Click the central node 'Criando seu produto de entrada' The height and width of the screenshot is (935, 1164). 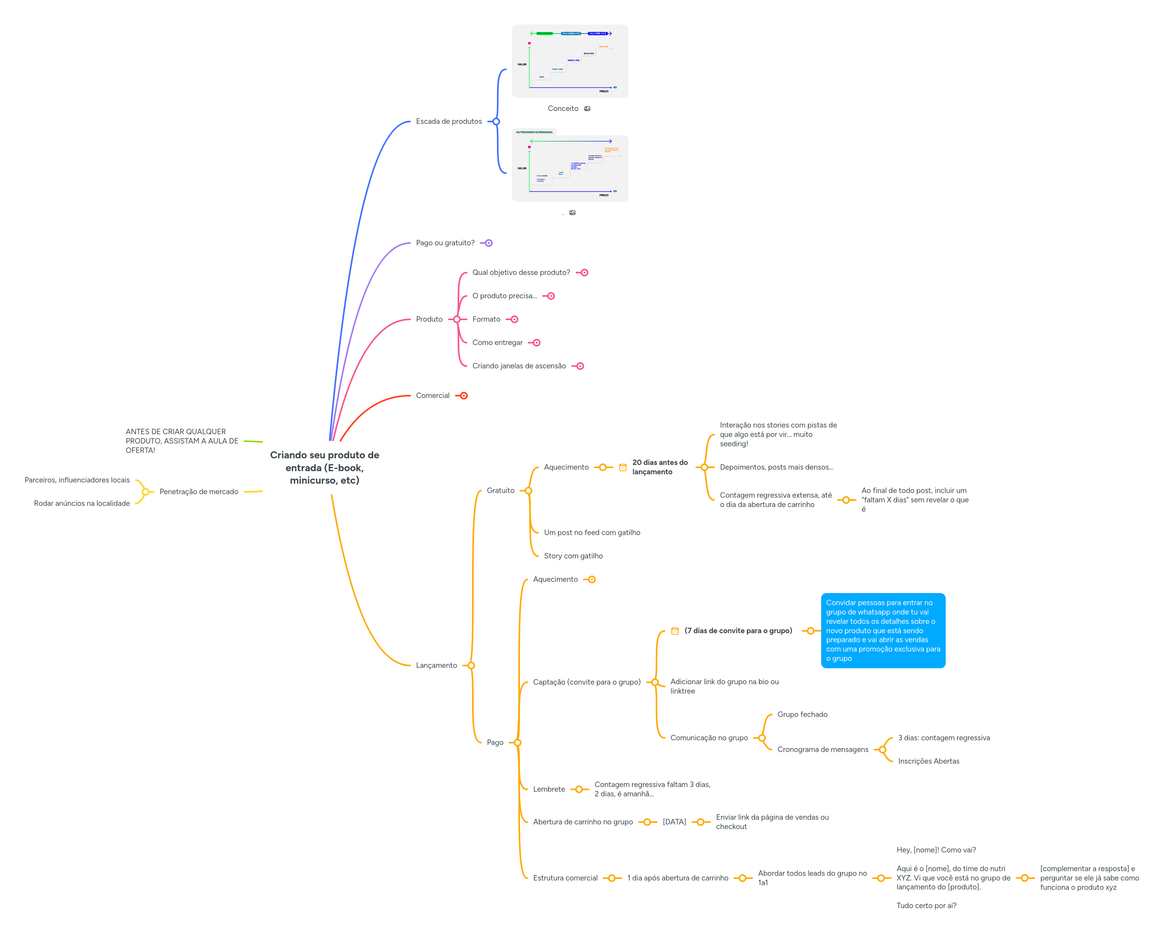(x=325, y=467)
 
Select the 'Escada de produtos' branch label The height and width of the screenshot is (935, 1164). (x=449, y=121)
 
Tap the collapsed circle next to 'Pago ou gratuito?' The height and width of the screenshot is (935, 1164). (x=488, y=243)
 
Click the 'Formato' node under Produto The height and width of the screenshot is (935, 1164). (x=486, y=319)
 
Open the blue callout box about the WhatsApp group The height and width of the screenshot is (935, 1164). (x=883, y=630)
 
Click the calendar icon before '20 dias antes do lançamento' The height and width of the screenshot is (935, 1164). (x=623, y=468)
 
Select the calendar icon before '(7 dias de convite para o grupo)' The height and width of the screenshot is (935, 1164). (x=675, y=631)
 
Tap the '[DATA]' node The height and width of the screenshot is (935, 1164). (x=674, y=822)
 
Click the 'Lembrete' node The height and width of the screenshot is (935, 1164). (x=548, y=789)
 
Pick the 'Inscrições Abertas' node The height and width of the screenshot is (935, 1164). (x=929, y=761)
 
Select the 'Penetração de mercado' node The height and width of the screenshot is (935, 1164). (x=199, y=491)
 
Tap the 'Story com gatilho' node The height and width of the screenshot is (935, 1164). (x=573, y=556)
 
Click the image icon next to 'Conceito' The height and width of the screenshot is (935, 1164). (x=587, y=109)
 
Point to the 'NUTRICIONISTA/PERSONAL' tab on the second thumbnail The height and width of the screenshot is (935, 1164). (x=534, y=132)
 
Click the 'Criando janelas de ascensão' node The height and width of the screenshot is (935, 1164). (x=519, y=366)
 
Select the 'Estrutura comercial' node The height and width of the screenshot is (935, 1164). (x=565, y=878)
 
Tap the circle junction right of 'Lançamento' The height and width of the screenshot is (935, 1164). (x=471, y=666)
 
